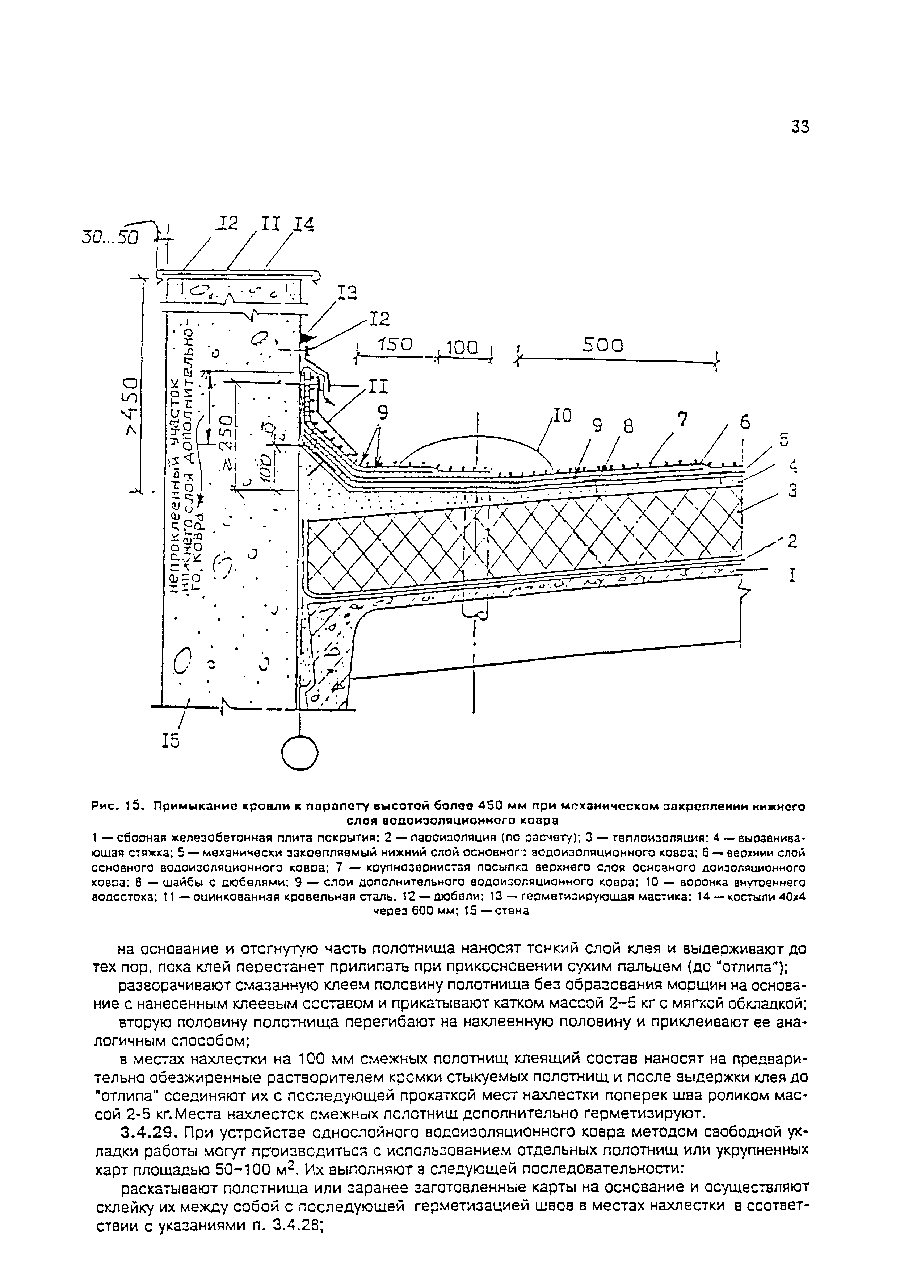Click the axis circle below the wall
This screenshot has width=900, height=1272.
point(300,753)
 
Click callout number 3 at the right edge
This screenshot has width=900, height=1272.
point(792,491)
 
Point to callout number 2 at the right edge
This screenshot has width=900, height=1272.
point(792,541)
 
